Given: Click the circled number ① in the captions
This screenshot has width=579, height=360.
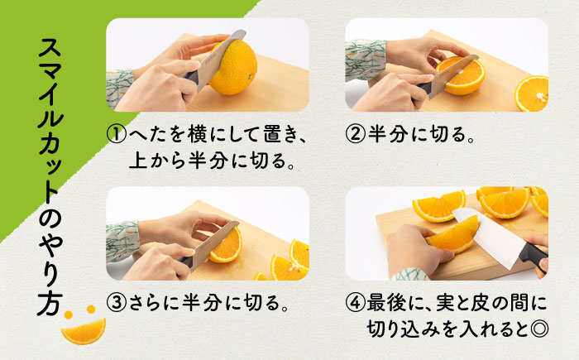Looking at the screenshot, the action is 117,135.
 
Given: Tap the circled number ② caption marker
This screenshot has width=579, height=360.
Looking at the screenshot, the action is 355,134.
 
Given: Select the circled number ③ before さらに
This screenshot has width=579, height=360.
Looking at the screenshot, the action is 117,303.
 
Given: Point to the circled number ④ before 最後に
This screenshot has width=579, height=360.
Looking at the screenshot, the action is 355,303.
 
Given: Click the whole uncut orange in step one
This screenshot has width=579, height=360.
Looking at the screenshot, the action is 232,68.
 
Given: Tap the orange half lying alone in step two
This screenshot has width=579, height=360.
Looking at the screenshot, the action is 533,94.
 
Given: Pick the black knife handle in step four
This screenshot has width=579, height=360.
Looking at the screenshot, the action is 533,257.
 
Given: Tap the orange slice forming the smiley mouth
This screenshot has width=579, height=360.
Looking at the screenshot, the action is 84,331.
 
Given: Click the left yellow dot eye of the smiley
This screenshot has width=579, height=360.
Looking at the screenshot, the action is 69,314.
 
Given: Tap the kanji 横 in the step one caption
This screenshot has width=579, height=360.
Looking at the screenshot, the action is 197,135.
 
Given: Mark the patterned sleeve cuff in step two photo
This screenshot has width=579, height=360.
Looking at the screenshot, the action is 365,60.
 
